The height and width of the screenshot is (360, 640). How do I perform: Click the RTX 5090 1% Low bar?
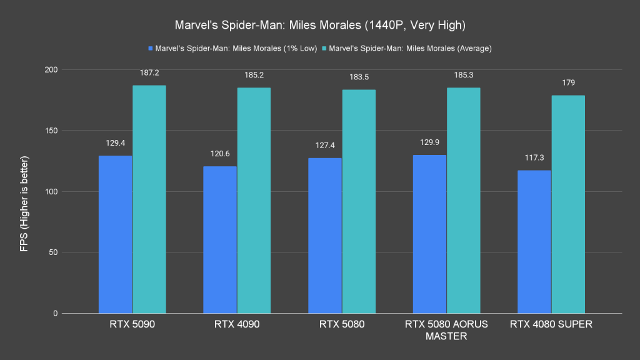click(115, 234)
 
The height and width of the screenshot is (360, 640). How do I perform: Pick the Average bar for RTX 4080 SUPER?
click(568, 204)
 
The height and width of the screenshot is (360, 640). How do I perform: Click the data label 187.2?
click(149, 73)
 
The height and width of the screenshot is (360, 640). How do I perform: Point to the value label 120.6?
click(220, 154)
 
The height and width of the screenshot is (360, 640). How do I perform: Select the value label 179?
click(568, 82)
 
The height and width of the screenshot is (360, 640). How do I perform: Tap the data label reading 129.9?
click(430, 142)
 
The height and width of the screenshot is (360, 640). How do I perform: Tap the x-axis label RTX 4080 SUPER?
click(551, 324)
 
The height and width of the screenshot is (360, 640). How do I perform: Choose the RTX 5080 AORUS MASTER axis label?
click(446, 330)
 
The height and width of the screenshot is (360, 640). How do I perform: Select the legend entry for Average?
click(410, 48)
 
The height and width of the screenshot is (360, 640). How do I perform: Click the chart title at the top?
click(320, 26)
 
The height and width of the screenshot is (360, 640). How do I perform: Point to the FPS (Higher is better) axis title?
click(24, 191)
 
